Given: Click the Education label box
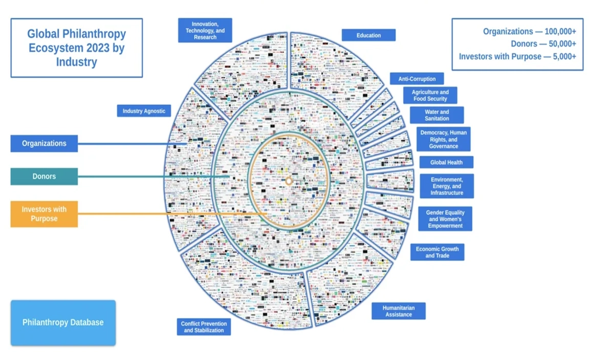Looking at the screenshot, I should (368, 35).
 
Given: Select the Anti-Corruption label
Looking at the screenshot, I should (417, 79).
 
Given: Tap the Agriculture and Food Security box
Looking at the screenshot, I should (430, 96).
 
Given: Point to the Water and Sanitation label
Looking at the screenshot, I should (437, 115).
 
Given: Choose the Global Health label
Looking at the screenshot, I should (446, 162).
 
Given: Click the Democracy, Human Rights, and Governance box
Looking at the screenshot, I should (443, 139).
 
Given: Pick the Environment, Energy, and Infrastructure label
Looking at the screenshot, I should (446, 186).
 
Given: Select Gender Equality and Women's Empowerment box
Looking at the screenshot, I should (444, 219).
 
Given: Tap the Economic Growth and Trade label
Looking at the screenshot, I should (437, 252).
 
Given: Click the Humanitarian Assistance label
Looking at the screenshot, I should (398, 311).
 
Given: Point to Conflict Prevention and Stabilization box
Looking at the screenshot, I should (204, 327).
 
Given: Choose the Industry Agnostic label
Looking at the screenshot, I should (144, 110).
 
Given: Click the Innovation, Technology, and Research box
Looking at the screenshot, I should (205, 31).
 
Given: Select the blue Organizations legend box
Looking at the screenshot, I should (44, 144).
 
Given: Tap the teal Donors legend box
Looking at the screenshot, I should (44, 176).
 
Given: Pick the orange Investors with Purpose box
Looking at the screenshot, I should (44, 214).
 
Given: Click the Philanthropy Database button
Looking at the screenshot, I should (63, 323).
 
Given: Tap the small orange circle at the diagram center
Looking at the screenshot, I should (289, 181).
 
